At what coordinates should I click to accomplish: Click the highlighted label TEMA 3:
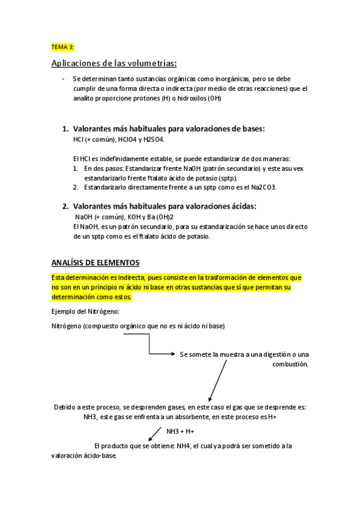click(x=63, y=46)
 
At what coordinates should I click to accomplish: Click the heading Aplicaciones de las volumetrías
click(x=114, y=64)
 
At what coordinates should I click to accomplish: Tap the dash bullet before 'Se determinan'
click(x=63, y=79)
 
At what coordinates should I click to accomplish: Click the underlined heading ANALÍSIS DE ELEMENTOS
click(x=95, y=263)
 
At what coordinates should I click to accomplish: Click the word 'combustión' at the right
click(x=290, y=364)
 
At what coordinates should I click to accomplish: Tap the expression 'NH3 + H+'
click(x=180, y=431)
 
